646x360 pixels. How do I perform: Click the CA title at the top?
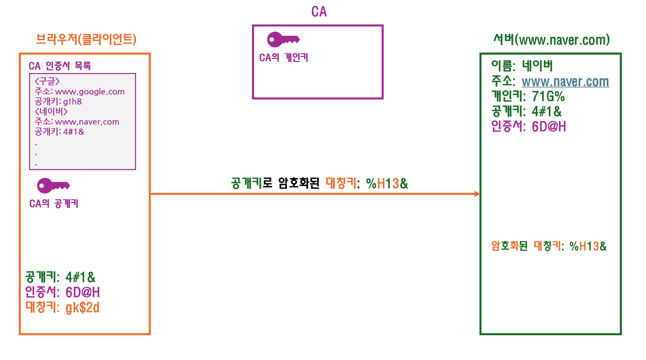tap(319, 12)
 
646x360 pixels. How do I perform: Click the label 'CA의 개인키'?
tap(283, 58)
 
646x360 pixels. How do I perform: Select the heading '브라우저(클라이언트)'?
tap(86, 39)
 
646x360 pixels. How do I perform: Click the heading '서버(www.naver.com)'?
tap(551, 40)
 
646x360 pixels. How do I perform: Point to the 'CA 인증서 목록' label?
tap(60, 66)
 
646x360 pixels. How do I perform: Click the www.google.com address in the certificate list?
tap(89, 92)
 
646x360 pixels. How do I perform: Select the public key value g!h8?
tap(72, 102)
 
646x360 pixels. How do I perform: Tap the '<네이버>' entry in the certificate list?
tap(51, 112)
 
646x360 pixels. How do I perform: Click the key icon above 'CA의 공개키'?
tap(53, 186)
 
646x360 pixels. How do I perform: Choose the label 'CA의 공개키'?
tap(54, 204)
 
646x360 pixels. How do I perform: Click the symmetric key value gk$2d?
tap(82, 307)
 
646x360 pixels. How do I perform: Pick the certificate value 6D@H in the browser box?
tap(82, 292)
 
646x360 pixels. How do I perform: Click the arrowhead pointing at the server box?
tap(477, 194)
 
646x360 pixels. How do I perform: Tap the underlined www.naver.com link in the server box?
tap(565, 82)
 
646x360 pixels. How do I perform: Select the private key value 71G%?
tap(548, 97)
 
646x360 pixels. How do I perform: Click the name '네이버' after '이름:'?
tap(537, 66)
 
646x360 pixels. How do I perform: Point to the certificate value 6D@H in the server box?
tap(548, 127)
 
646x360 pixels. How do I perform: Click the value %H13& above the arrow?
tap(387, 184)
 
